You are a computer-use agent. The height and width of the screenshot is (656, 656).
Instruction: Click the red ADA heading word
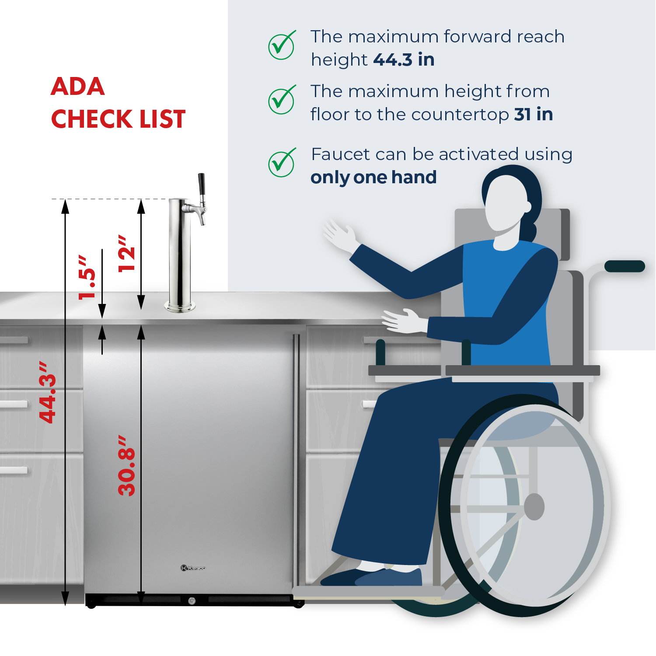tap(78, 87)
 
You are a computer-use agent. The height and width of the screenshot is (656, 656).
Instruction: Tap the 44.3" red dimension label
tap(48, 392)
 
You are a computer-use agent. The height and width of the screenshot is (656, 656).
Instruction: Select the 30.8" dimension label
tap(127, 465)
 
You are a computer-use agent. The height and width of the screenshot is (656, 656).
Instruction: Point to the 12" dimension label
tap(127, 253)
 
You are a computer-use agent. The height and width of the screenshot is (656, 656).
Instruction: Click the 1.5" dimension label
tap(87, 277)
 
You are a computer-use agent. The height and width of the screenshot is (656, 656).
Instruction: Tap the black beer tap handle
tap(202, 185)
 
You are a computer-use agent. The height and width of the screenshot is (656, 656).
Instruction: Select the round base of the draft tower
tap(180, 307)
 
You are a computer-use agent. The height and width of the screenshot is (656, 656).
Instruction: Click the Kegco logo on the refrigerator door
tap(193, 568)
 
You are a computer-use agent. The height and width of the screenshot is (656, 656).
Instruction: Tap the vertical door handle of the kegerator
tap(297, 459)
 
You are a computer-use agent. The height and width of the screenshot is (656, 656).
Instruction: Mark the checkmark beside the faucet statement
tap(282, 163)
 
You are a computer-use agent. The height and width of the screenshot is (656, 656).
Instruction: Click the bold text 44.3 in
tap(404, 59)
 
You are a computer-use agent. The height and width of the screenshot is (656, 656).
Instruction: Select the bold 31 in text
tap(534, 114)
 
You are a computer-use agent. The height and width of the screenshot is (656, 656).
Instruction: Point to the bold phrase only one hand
tap(373, 178)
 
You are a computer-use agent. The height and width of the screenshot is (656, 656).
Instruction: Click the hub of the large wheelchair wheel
tap(534, 507)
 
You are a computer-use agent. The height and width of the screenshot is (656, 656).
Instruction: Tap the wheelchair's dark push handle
tap(625, 266)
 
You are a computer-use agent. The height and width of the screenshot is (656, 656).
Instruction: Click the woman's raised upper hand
tap(339, 235)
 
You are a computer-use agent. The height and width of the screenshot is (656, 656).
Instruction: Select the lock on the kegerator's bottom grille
tap(192, 601)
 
